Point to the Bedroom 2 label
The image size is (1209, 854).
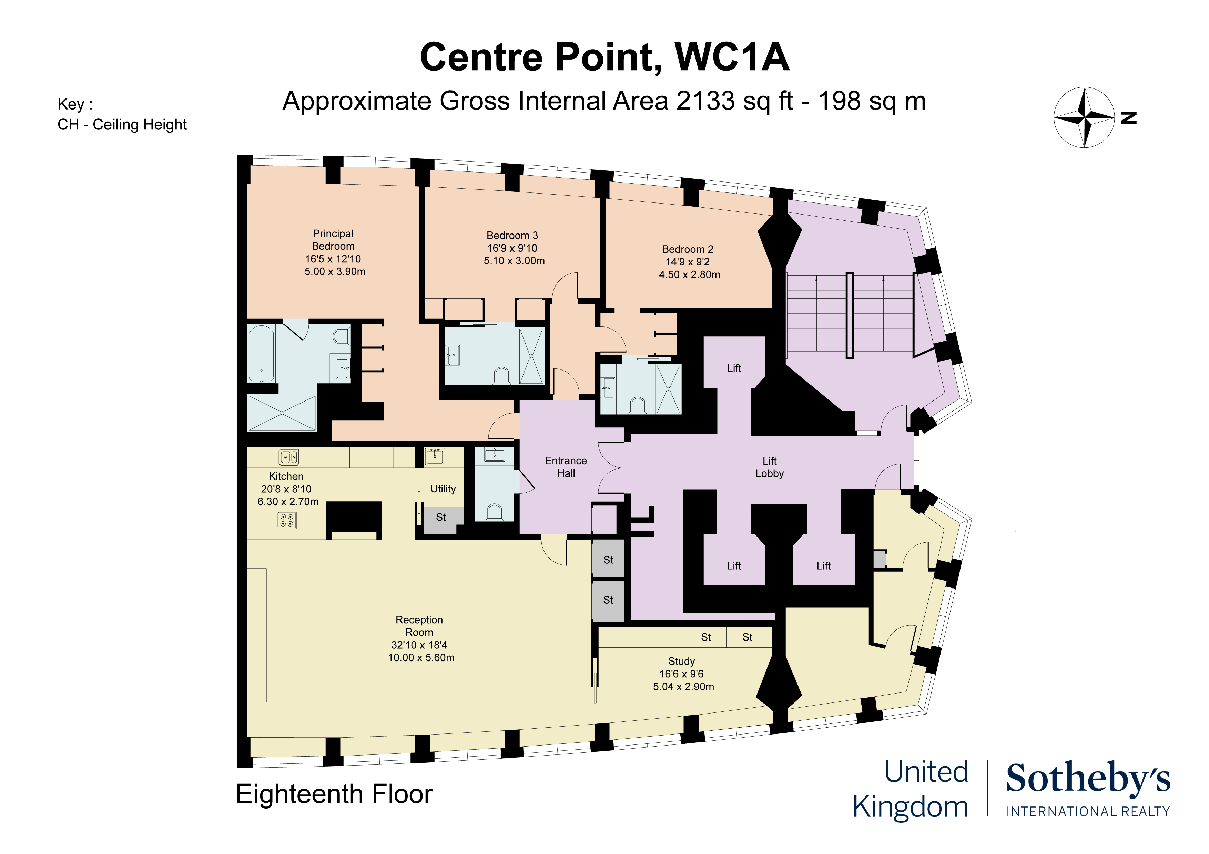click(687, 249)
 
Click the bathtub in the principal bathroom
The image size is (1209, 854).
click(261, 353)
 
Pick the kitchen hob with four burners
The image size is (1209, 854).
click(286, 520)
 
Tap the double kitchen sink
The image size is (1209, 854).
click(288, 457)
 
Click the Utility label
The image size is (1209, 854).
click(443, 489)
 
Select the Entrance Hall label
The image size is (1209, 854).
click(566, 467)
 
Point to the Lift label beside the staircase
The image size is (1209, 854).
click(734, 368)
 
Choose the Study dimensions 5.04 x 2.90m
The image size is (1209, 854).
click(683, 687)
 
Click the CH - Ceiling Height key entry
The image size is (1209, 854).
click(122, 125)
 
